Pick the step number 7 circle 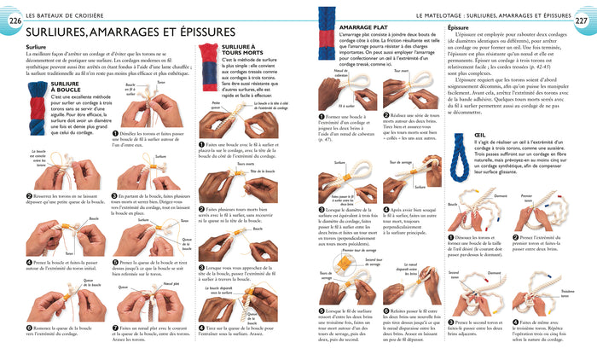click(114, 328)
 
